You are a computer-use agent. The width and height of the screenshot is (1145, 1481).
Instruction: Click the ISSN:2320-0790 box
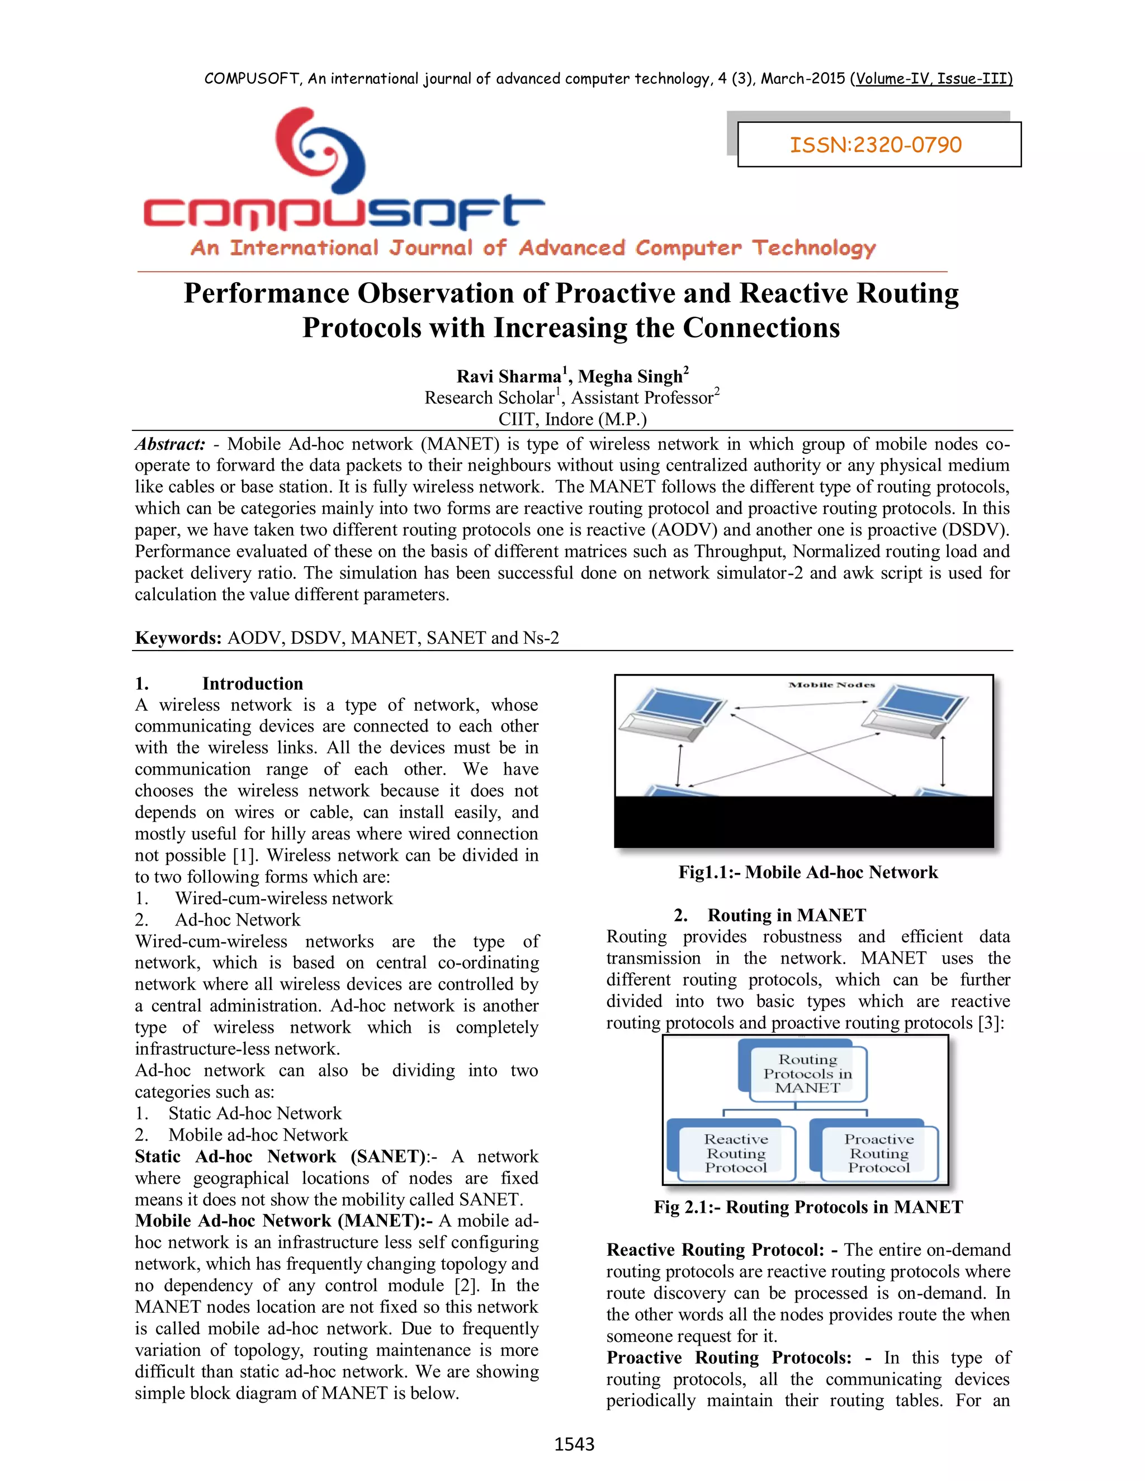[878, 144]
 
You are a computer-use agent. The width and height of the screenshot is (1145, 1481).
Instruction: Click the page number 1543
[574, 1444]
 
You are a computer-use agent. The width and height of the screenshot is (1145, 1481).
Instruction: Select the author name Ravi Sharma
[509, 376]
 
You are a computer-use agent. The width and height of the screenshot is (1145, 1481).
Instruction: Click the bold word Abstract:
[169, 444]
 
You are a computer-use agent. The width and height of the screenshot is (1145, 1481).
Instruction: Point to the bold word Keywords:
[178, 638]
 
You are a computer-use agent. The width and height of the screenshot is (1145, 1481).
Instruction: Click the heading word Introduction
[252, 683]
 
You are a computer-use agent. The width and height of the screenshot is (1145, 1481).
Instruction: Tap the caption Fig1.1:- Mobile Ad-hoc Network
[808, 872]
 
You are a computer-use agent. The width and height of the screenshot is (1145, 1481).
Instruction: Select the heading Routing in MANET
[786, 915]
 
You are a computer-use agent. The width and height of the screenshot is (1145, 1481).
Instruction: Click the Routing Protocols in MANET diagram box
[807, 1074]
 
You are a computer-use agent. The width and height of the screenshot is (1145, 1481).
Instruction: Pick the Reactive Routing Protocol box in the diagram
[735, 1153]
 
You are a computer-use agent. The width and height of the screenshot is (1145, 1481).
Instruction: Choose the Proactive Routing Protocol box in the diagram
[878, 1153]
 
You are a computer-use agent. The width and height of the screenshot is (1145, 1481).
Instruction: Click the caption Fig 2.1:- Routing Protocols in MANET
[808, 1207]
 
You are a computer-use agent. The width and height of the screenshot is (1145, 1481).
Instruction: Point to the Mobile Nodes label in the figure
[831, 685]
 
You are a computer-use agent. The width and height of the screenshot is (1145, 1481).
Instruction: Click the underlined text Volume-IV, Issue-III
[933, 79]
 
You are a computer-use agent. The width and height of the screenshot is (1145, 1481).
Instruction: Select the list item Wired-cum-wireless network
[283, 899]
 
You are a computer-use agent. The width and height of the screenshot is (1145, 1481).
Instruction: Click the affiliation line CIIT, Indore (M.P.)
[572, 419]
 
